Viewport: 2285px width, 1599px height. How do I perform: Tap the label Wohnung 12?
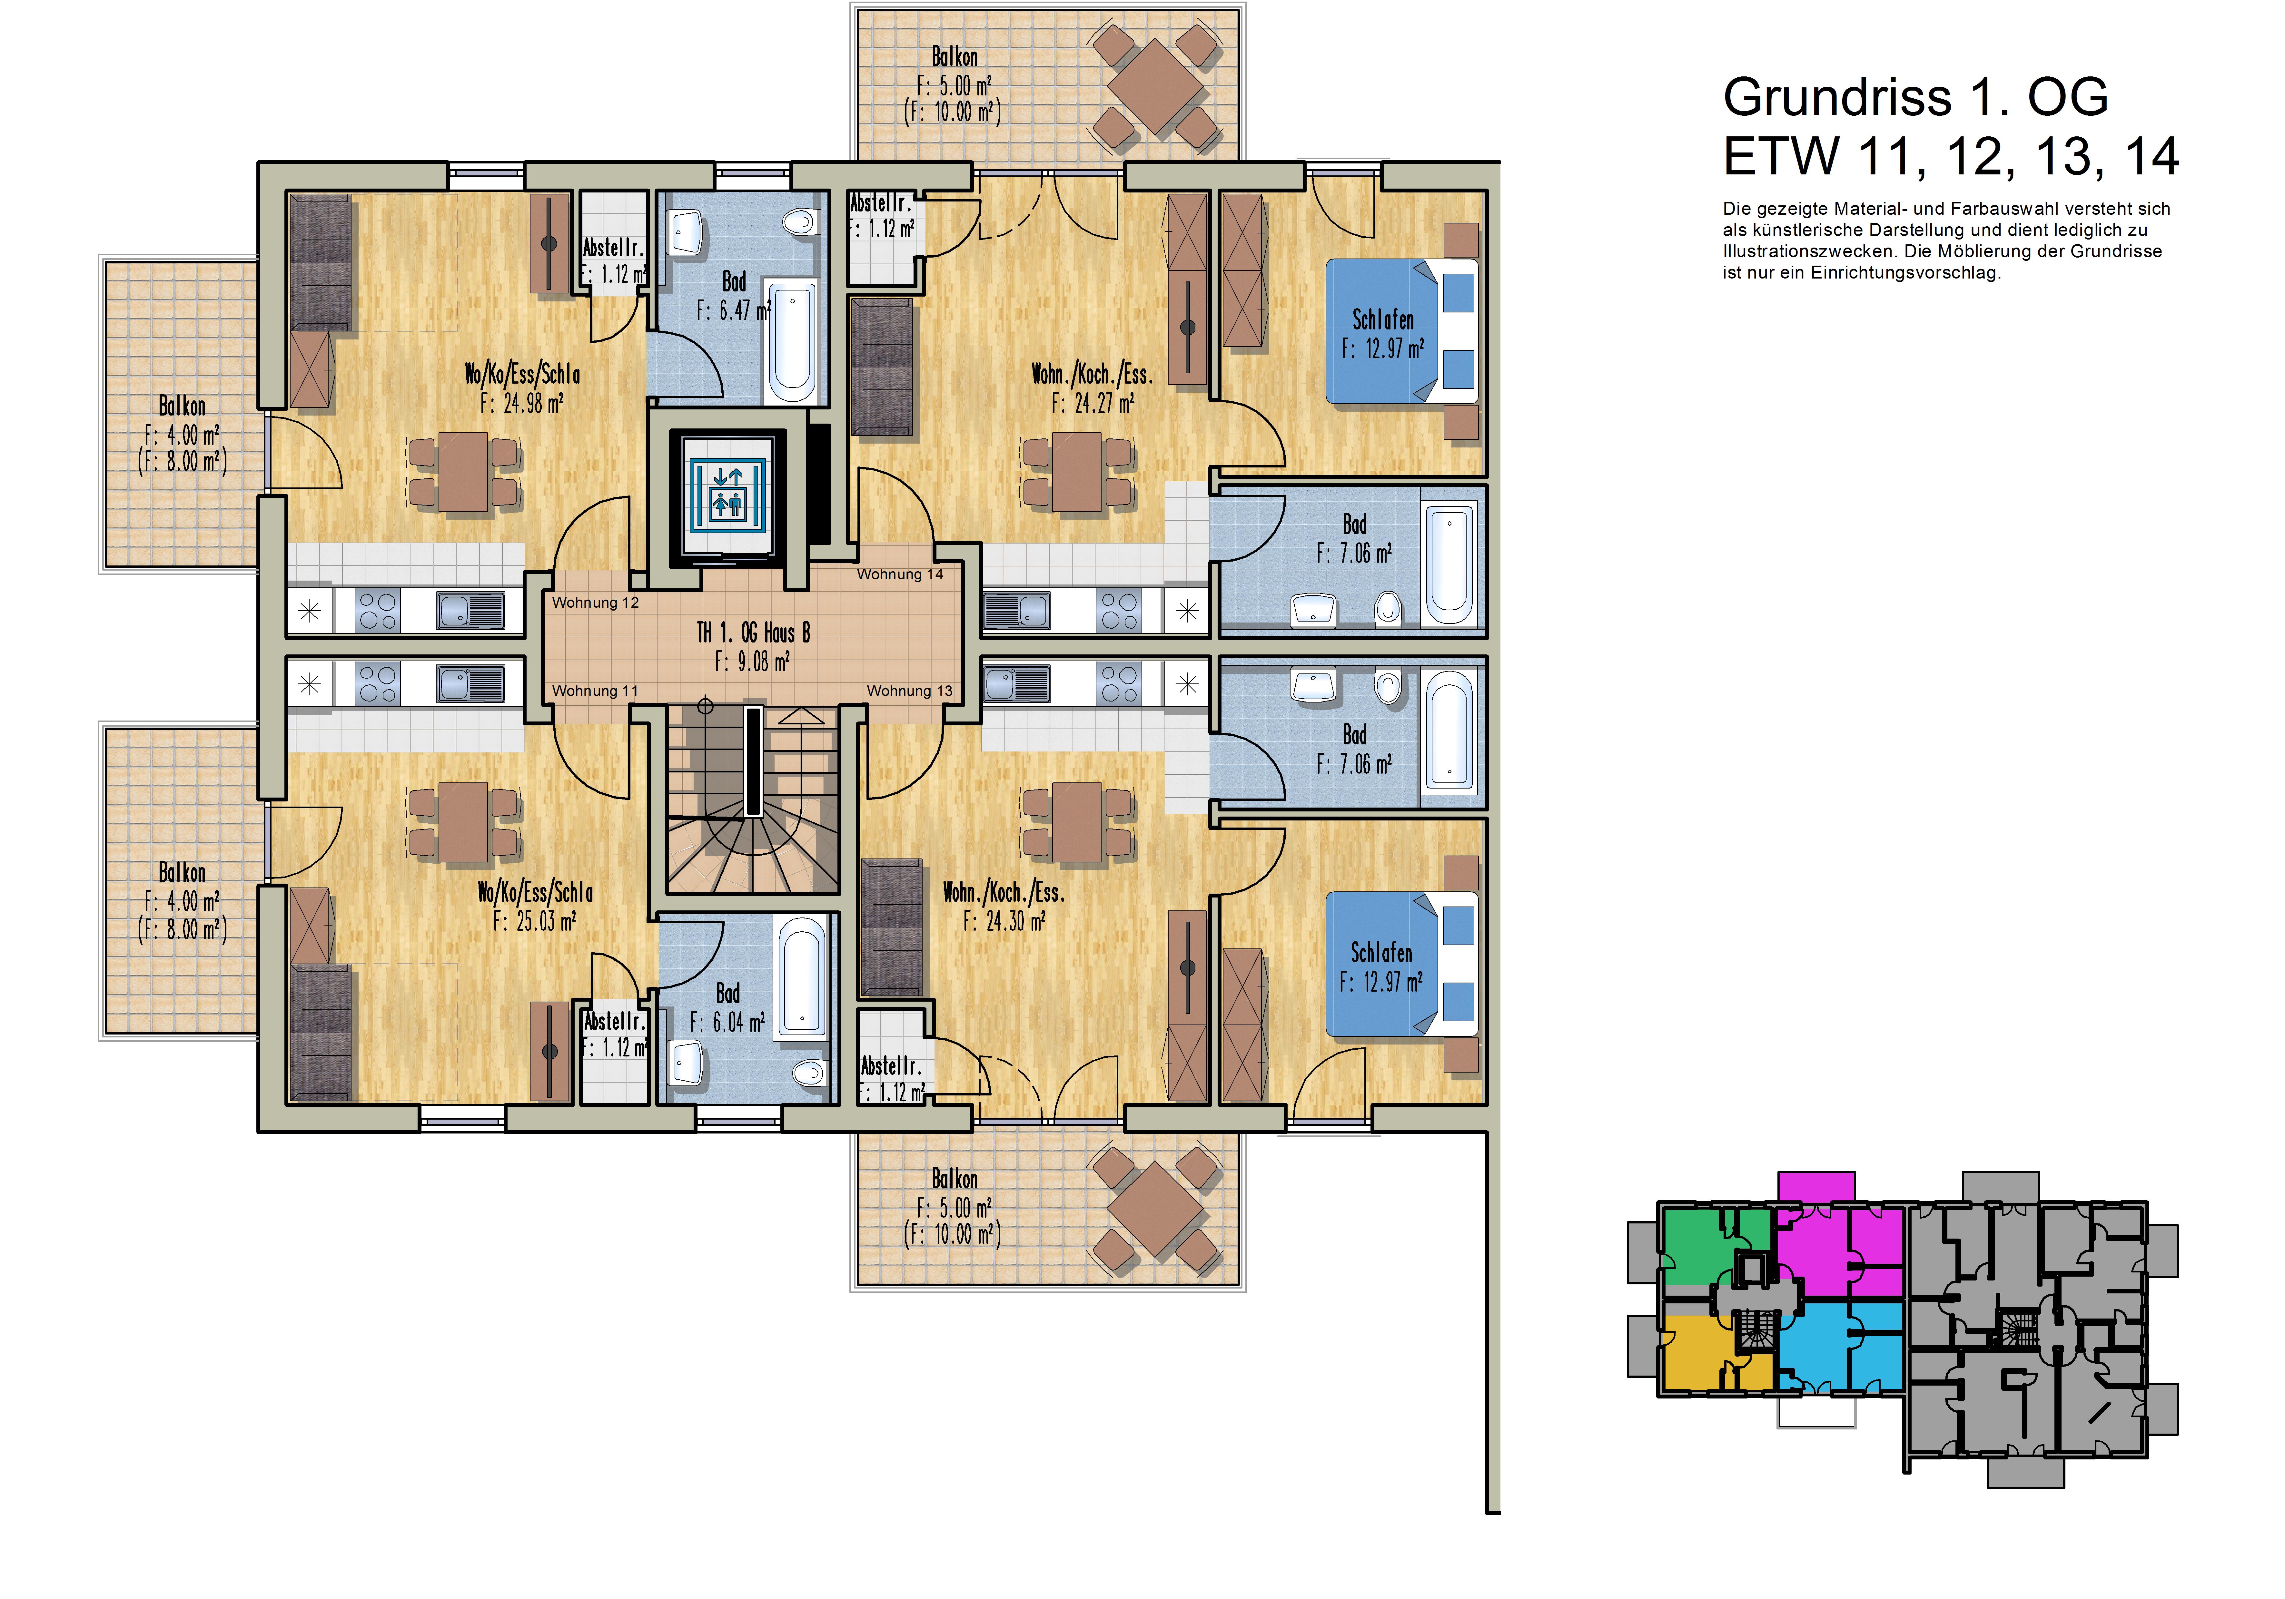tap(595, 602)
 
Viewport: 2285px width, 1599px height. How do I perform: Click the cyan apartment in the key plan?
tap(1841, 1348)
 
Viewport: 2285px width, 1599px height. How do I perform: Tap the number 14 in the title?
tap(2151, 156)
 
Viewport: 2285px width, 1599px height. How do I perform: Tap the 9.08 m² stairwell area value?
tap(752, 662)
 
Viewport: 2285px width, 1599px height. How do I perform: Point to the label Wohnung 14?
tap(900, 574)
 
